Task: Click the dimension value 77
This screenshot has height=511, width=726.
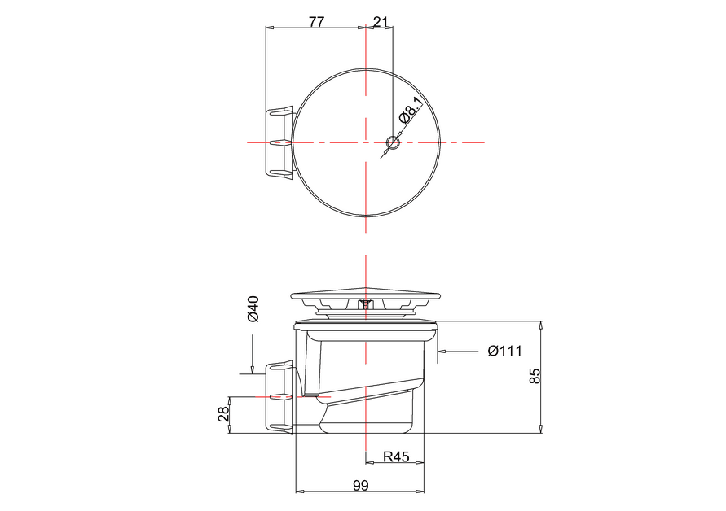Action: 316,22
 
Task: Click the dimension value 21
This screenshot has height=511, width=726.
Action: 380,22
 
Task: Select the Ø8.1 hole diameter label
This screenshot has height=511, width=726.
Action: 411,110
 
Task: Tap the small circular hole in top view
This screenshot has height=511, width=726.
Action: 393,143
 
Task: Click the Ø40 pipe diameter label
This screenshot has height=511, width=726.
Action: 253,308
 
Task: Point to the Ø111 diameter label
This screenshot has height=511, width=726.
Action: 504,352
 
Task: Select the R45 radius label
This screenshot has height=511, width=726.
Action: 396,457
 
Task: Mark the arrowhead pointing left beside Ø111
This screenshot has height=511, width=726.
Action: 442,352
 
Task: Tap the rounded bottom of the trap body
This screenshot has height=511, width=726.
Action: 367,423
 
